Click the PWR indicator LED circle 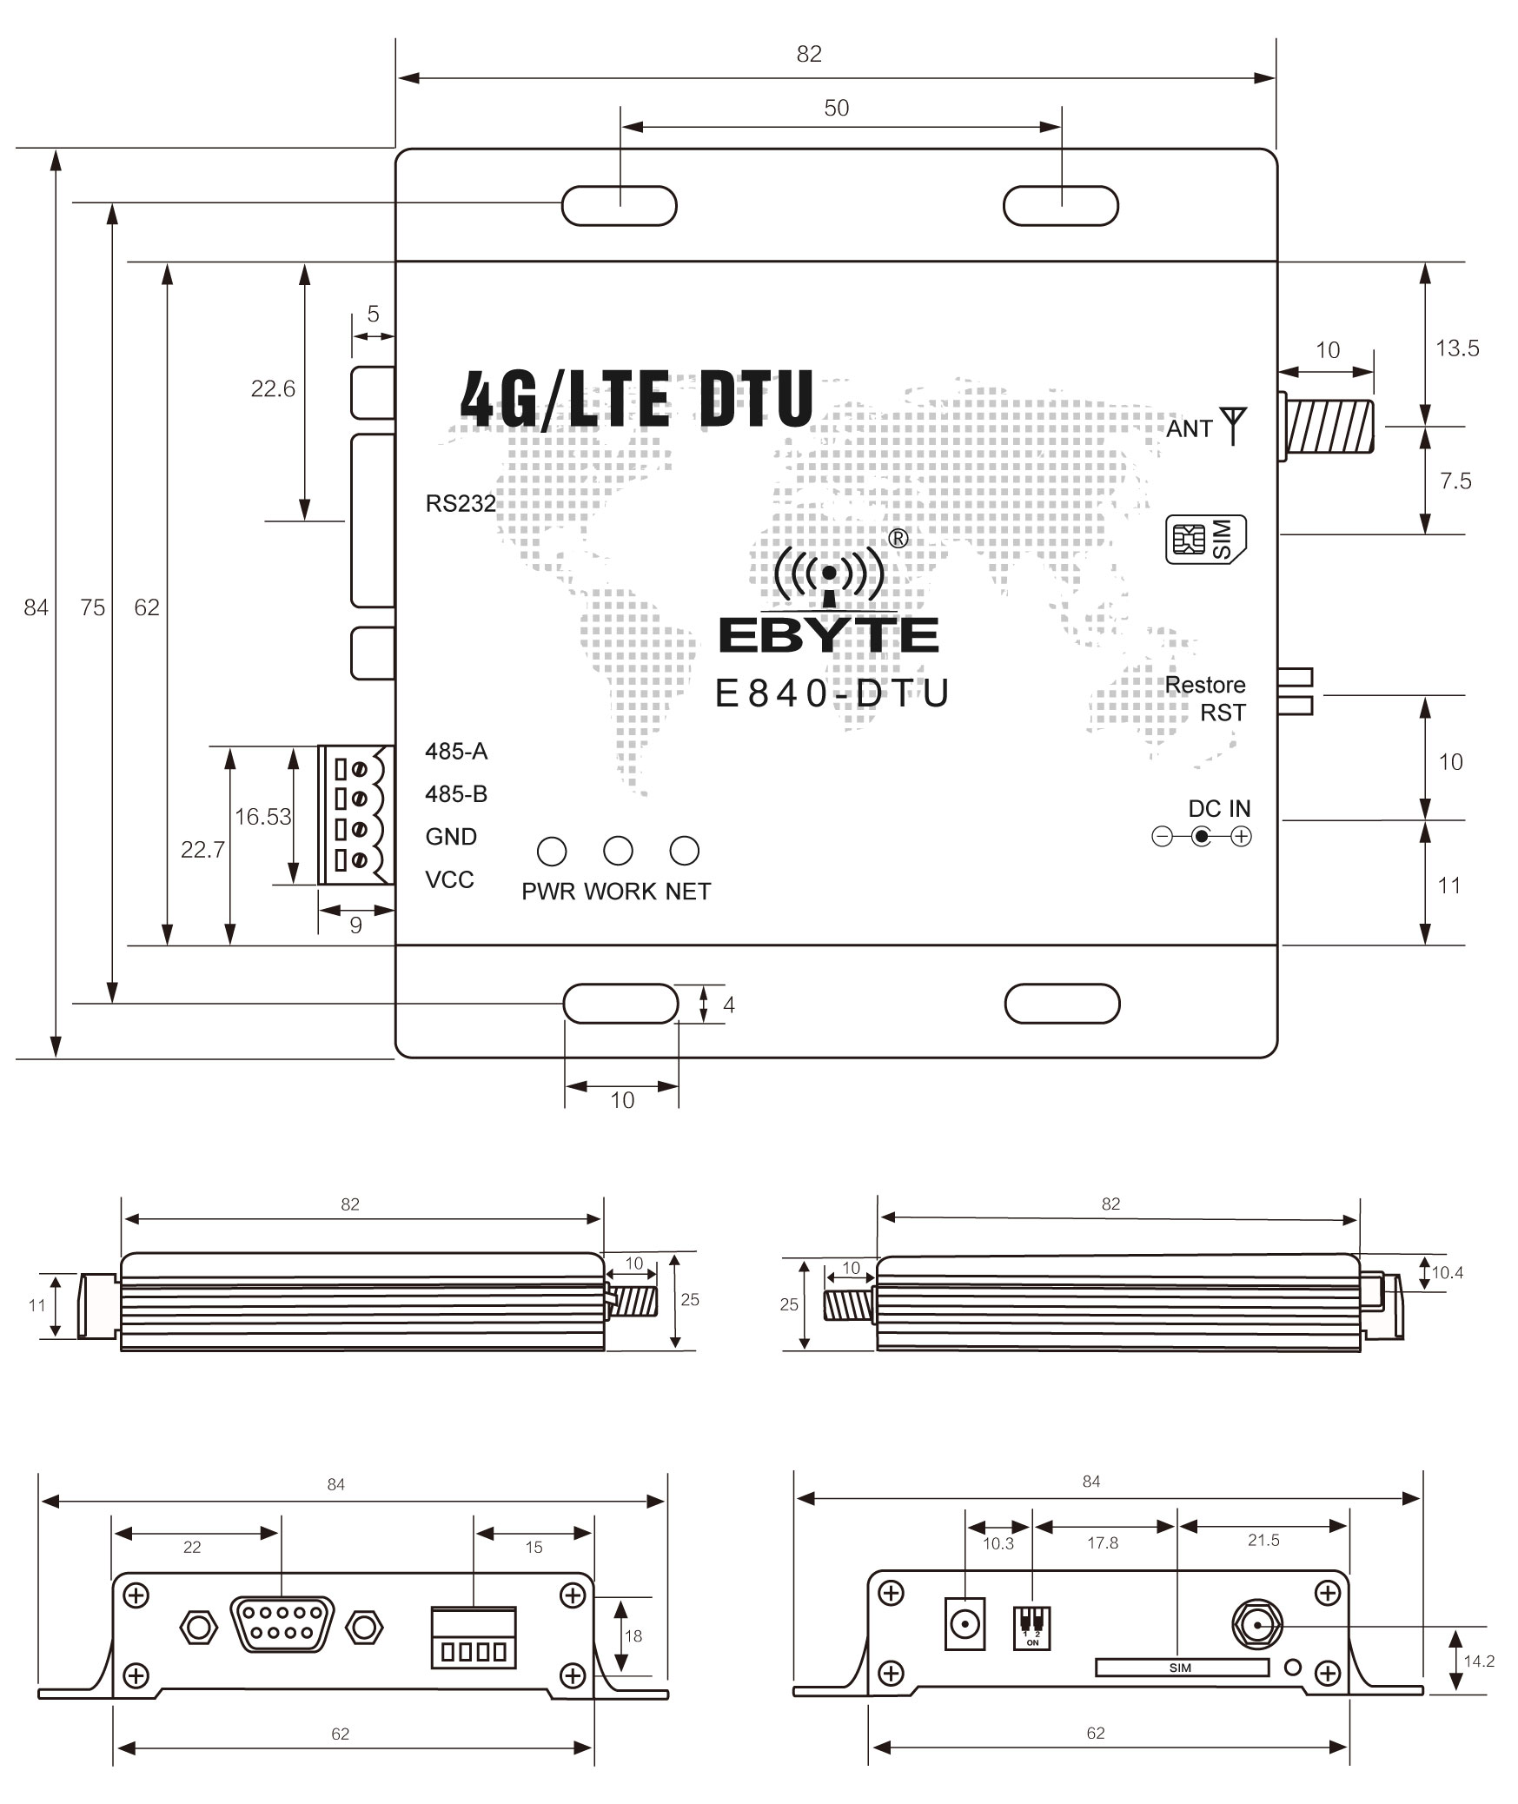[552, 852]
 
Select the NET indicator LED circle [685, 852]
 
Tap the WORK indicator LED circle [618, 852]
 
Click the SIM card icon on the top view [1205, 540]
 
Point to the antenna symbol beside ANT [1233, 425]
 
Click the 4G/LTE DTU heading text [637, 399]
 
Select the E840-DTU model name [832, 693]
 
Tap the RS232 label [461, 504]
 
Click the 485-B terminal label [456, 794]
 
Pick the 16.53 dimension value [262, 817]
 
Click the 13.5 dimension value [1457, 348]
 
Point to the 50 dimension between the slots [836, 108]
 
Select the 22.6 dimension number [273, 389]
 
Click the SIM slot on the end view [1181, 1668]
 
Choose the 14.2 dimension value [1479, 1661]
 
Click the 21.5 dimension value [1263, 1541]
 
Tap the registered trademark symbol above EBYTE [899, 539]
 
